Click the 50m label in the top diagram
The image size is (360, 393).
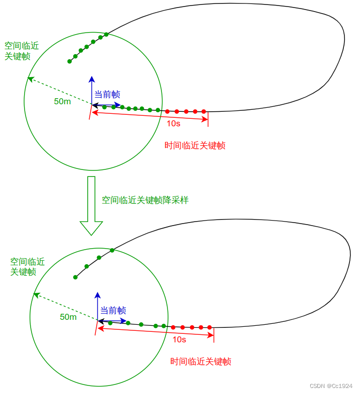[62, 101]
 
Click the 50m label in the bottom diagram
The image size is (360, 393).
[68, 317]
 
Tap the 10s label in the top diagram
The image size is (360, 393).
[173, 123]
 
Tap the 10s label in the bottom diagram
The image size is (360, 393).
[179, 339]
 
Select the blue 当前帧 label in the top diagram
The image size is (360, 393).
[107, 94]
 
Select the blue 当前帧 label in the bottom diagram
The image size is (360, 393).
[113, 310]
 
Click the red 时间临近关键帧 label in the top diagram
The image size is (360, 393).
[195, 145]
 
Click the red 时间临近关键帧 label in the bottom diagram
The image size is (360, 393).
[201, 361]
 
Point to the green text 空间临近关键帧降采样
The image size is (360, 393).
[145, 200]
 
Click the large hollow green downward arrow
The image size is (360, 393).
[91, 206]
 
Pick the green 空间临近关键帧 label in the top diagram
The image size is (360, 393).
[21, 51]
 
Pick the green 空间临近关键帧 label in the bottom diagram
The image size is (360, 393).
[27, 267]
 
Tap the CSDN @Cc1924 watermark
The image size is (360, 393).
[331, 386]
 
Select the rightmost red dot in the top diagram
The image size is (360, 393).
[204, 111]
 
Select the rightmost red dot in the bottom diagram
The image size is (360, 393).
[210, 327]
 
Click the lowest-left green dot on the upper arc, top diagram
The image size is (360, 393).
[69, 62]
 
